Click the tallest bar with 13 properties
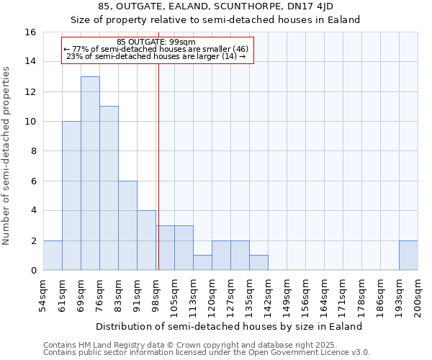pos(90,174)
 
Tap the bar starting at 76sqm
pos(109,188)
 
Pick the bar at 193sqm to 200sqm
pos(408,256)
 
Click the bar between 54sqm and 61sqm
pos(53,256)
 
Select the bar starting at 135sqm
pos(258,263)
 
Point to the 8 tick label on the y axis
pos(32,151)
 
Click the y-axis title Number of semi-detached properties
pos(7,156)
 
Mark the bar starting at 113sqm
pos(202,263)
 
